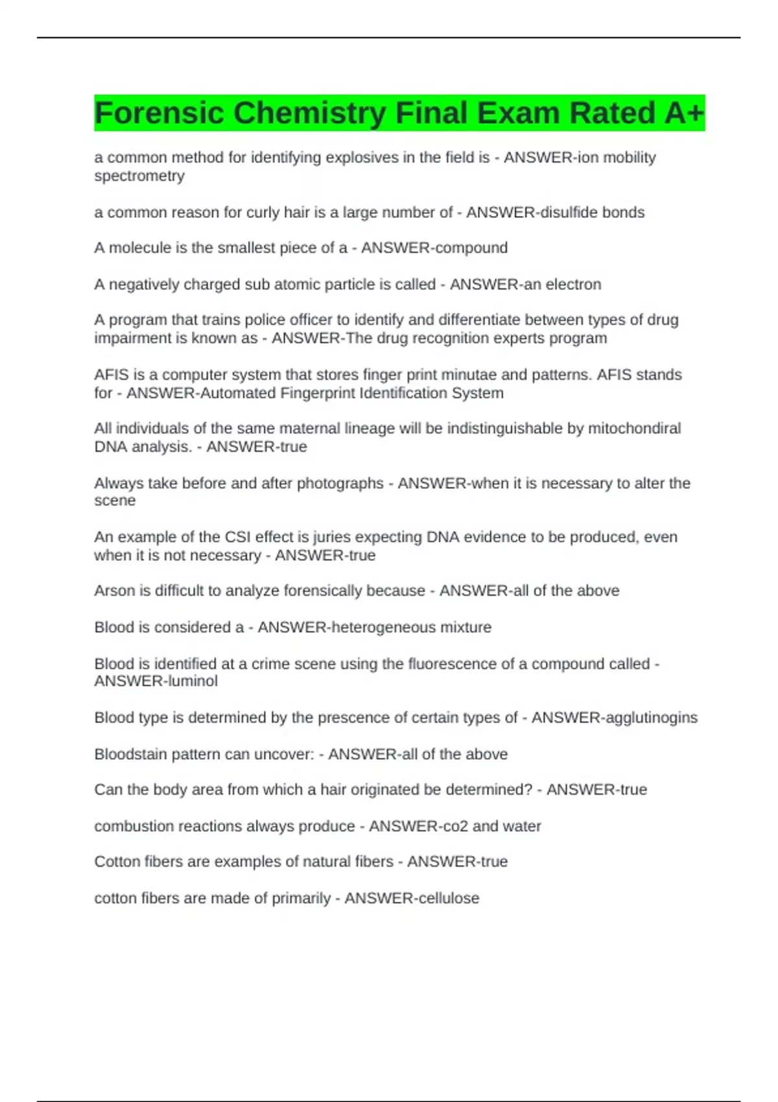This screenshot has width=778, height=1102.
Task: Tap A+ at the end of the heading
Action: [x=684, y=113]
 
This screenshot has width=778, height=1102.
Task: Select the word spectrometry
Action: [x=139, y=176]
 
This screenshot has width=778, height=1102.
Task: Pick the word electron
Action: [x=573, y=284]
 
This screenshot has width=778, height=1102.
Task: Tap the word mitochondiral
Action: [x=634, y=428]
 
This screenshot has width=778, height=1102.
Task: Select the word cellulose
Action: [x=448, y=898]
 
